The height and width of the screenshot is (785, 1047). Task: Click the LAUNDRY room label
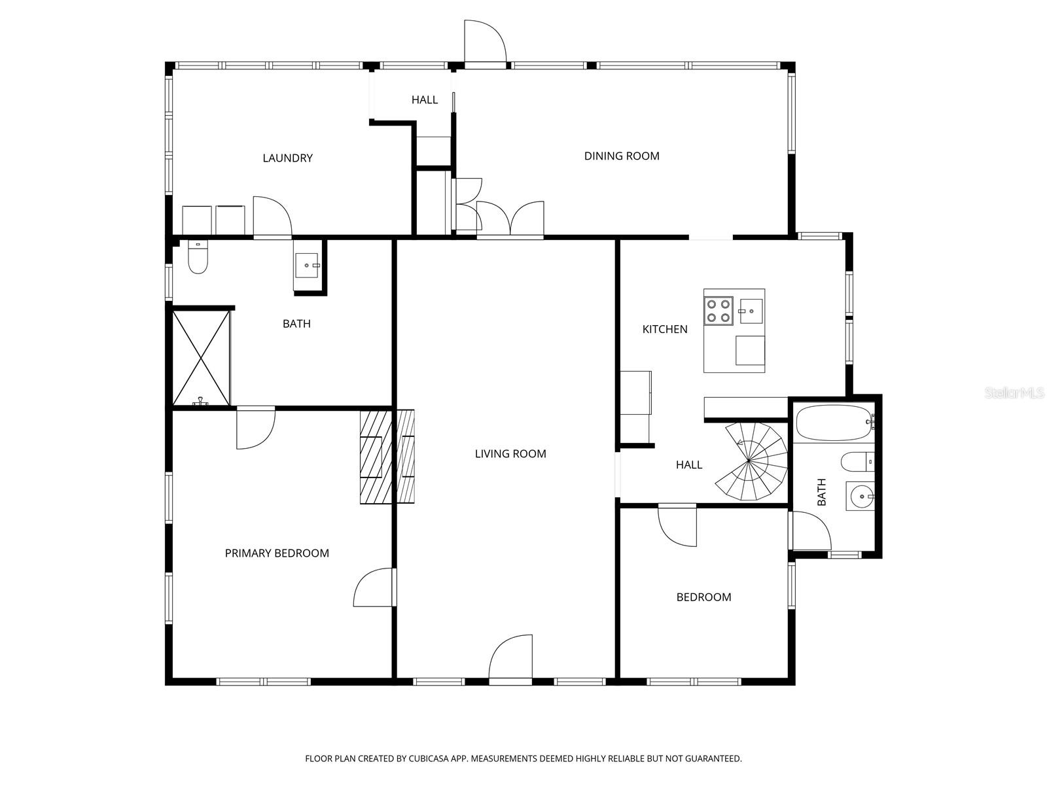pos(287,158)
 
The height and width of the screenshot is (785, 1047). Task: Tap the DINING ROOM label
pos(621,156)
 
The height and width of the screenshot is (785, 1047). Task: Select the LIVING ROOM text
pos(510,453)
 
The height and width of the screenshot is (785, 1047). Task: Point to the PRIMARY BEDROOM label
pos(277,553)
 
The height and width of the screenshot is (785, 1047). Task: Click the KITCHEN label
pos(664,329)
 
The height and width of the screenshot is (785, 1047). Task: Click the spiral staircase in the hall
pos(753,462)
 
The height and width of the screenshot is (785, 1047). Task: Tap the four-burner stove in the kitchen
pos(718,311)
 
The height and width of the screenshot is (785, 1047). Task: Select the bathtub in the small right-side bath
pos(833,423)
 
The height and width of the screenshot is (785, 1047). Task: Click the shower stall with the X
pos(201,358)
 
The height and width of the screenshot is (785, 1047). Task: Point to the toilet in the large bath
pos(197,257)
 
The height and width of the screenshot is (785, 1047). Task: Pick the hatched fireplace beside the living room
pos(387,457)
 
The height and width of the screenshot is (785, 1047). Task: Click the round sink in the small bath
pos(859,497)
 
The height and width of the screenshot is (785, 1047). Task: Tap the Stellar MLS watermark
pos(1015,392)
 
